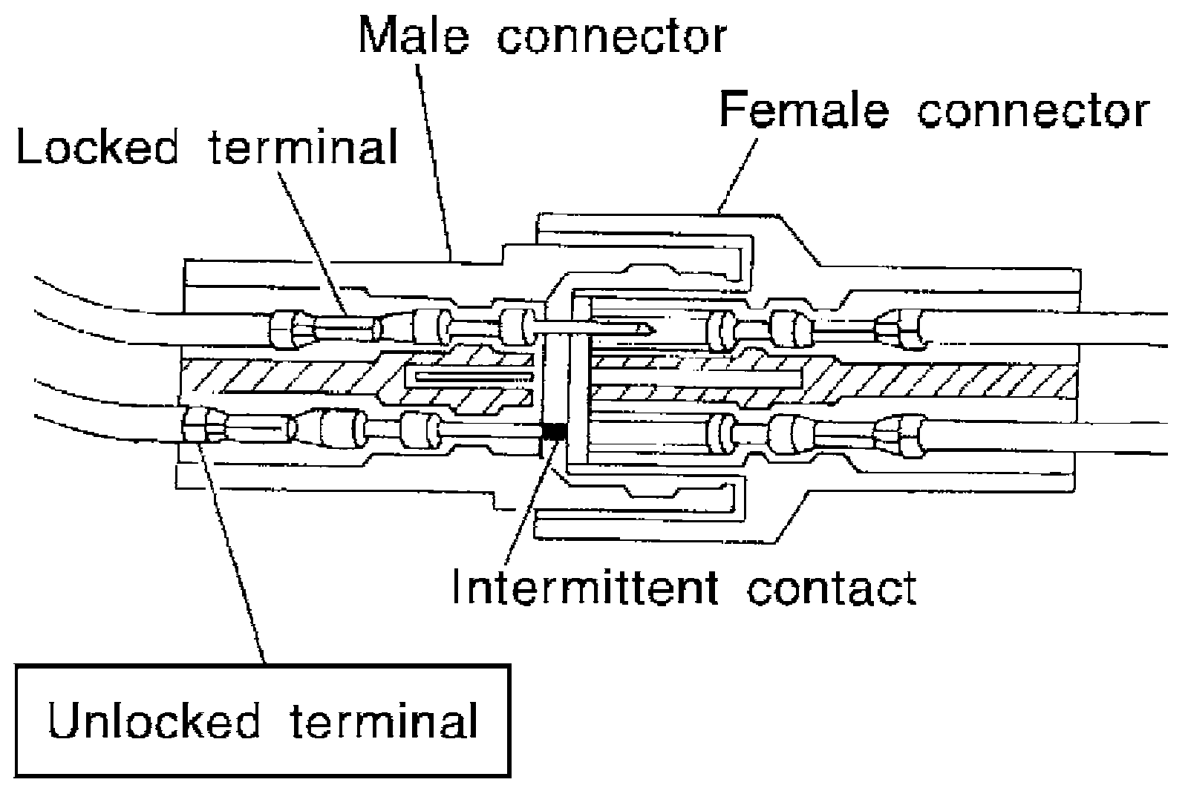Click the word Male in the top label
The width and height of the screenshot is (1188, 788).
414,36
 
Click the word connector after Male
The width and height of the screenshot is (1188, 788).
612,38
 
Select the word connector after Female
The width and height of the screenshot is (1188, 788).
1034,112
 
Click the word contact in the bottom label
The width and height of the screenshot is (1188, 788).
832,589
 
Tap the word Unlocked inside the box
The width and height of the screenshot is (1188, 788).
154,720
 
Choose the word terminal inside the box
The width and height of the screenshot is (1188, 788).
384,720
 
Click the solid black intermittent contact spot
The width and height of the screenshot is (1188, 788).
554,432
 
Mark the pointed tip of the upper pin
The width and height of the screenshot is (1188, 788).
654,331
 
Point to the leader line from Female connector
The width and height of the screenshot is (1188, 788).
737,175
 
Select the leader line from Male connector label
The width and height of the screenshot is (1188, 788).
434,162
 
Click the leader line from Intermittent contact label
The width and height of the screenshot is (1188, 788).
529,502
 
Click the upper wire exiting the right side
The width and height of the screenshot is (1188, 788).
1045,329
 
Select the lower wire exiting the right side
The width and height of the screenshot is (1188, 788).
1045,438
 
